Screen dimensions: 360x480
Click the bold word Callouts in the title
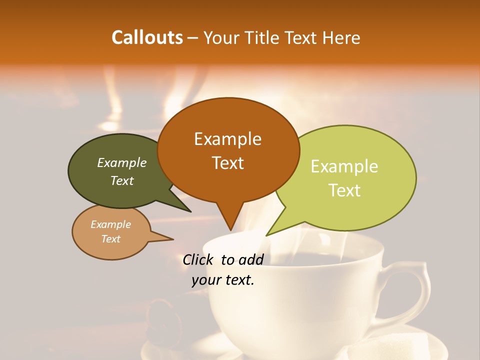(x=147, y=37)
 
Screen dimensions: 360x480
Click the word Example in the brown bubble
(x=227, y=139)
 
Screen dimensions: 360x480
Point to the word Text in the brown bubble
(x=227, y=163)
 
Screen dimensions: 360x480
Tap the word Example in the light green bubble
(x=344, y=166)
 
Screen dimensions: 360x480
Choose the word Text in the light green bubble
(x=344, y=190)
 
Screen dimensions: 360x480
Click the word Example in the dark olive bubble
(x=122, y=163)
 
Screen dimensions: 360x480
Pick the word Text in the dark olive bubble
(x=122, y=181)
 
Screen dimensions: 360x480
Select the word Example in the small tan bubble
(x=110, y=224)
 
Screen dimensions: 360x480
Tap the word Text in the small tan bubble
(x=110, y=239)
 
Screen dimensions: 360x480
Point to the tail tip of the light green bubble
(x=267, y=235)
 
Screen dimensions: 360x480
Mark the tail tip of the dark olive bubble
(x=190, y=211)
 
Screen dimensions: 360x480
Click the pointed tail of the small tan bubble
(x=172, y=239)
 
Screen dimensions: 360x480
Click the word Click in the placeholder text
(x=199, y=259)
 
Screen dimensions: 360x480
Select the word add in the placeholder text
(x=251, y=259)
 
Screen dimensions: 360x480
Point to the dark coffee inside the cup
(x=320, y=260)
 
